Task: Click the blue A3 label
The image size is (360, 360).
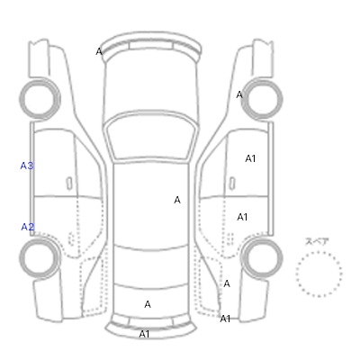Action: pyautogui.click(x=27, y=166)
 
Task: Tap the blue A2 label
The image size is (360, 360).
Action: pyautogui.click(x=27, y=227)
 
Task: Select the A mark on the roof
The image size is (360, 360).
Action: pyautogui.click(x=177, y=200)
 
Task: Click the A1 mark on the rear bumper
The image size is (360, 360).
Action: pyautogui.click(x=144, y=334)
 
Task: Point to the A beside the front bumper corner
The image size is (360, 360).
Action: pyautogui.click(x=99, y=51)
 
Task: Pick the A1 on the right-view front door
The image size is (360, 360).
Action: pyautogui.click(x=250, y=158)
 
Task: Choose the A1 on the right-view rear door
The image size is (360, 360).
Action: pyautogui.click(x=242, y=217)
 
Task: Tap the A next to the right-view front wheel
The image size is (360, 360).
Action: pyautogui.click(x=239, y=94)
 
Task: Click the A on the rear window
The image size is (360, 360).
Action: pyautogui.click(x=148, y=304)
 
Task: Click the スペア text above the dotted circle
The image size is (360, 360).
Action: pyautogui.click(x=317, y=241)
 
